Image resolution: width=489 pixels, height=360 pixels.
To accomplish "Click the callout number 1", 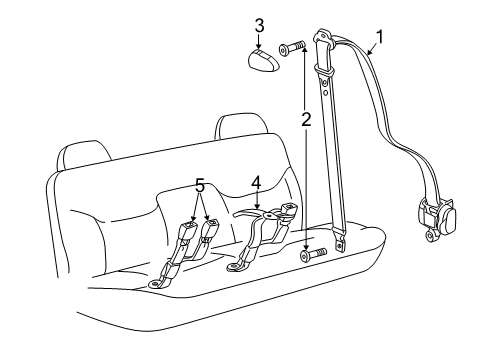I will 378,41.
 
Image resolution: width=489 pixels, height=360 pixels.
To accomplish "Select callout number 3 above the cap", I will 258,24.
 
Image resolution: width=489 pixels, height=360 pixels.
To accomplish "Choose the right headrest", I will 237,127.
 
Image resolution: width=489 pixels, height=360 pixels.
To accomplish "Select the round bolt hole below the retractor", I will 430,265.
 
